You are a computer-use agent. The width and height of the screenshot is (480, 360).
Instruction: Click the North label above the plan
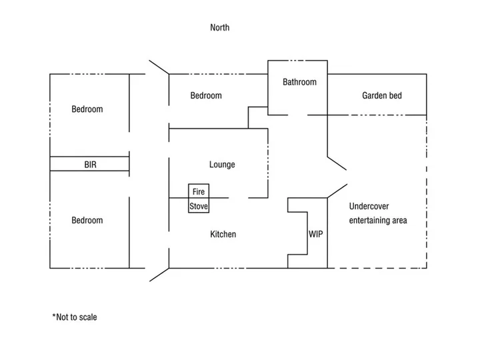tap(220, 27)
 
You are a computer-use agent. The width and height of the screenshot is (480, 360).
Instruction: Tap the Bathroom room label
tap(299, 82)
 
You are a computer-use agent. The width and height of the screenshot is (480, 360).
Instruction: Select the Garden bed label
tap(382, 95)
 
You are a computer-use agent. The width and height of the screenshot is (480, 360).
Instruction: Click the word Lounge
tap(222, 165)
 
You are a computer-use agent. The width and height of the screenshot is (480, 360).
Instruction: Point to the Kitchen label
tap(223, 234)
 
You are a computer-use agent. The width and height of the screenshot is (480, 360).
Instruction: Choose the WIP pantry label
tap(315, 234)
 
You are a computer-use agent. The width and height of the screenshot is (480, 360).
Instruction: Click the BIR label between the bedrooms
tap(90, 165)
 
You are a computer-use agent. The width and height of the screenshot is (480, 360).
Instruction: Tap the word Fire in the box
tap(199, 191)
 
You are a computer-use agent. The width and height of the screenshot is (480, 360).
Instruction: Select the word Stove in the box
tap(199, 206)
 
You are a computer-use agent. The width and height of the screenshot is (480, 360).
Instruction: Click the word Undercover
tap(369, 206)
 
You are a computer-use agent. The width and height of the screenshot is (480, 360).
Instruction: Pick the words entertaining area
tap(378, 221)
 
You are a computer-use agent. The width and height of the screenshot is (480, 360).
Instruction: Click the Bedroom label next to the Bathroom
tap(206, 95)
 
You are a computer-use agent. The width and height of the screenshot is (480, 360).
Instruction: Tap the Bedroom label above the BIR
tap(87, 109)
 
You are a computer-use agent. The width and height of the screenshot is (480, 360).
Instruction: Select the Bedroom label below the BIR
tap(87, 221)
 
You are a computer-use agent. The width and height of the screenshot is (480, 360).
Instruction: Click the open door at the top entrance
tap(159, 67)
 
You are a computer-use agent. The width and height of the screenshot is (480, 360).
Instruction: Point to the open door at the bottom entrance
tap(159, 275)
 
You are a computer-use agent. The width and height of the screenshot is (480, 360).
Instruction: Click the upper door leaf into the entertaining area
tap(337, 163)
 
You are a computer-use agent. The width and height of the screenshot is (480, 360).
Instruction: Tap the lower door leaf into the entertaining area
tap(337, 191)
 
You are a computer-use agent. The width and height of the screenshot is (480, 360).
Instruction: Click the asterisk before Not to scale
tap(54, 315)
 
